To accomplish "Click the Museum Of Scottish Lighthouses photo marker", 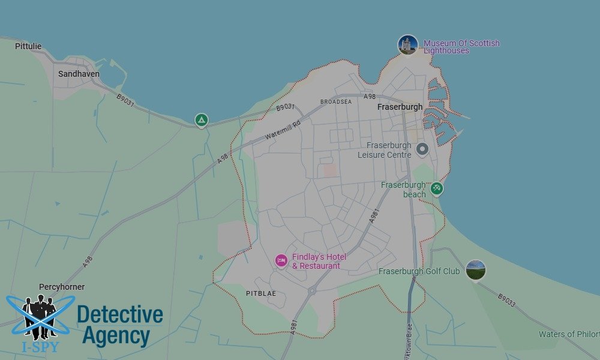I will [407, 45].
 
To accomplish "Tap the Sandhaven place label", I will [79, 74].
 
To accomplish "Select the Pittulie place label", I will [28, 46].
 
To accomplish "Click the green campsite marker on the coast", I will [202, 121].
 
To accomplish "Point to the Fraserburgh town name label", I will [400, 107].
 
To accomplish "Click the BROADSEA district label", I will [336, 102].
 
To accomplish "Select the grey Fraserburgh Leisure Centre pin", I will [422, 149].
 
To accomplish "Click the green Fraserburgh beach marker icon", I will [437, 188].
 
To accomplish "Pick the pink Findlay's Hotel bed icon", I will [281, 260].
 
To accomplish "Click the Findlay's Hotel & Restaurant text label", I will [319, 262].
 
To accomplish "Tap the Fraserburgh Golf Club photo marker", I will [475, 270].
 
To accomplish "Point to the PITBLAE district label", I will [261, 293].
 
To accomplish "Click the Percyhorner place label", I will [62, 287].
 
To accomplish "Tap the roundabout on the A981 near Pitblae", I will [312, 291].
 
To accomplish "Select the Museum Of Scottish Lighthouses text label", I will [461, 47].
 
